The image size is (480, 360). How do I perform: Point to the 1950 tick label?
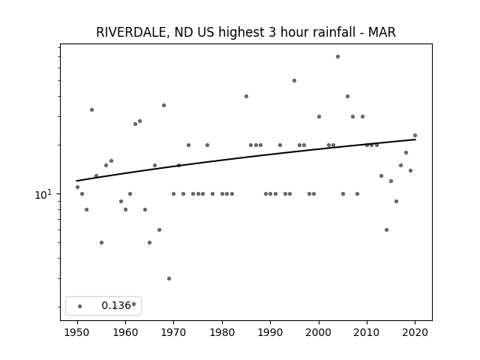[77, 332]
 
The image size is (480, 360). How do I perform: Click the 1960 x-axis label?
[125, 332]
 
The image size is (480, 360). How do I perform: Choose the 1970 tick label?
[174, 332]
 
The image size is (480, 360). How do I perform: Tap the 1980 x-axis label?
[222, 332]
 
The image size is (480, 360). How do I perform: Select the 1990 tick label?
[270, 332]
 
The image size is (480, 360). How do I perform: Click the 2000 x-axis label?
[319, 332]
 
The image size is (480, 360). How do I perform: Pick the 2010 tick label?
[367, 332]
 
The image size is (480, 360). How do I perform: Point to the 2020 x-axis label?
[415, 332]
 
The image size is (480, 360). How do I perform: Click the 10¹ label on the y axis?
[43, 194]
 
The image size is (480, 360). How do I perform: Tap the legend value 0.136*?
[118, 305]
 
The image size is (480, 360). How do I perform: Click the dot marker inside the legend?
[80, 306]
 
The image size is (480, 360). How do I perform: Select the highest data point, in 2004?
[337, 57]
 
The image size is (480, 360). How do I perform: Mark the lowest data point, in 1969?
[169, 278]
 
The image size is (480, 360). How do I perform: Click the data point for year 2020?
[415, 135]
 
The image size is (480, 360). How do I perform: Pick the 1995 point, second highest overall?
[294, 80]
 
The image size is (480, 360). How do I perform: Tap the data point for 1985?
[246, 97]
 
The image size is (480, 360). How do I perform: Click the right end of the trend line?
[415, 139]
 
